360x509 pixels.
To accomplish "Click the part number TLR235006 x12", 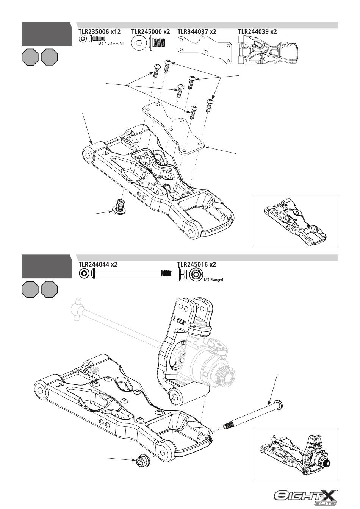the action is (99, 31).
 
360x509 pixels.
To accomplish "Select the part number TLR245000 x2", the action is (150, 31).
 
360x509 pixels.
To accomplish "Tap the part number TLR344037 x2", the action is (197, 31).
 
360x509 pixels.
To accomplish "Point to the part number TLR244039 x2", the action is (257, 31).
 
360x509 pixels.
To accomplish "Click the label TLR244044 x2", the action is (98, 264).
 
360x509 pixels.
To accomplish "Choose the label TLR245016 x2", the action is (197, 264).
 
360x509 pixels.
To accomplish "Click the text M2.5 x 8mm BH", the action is (111, 44).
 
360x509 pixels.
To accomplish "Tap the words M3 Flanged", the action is (213, 280).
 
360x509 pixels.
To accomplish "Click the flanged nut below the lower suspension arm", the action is (142, 461).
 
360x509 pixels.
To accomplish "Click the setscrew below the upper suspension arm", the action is (120, 207).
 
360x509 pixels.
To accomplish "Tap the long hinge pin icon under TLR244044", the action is (131, 273).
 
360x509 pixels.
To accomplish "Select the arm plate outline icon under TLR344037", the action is (205, 50).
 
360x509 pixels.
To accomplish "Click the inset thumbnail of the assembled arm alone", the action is (295, 222).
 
